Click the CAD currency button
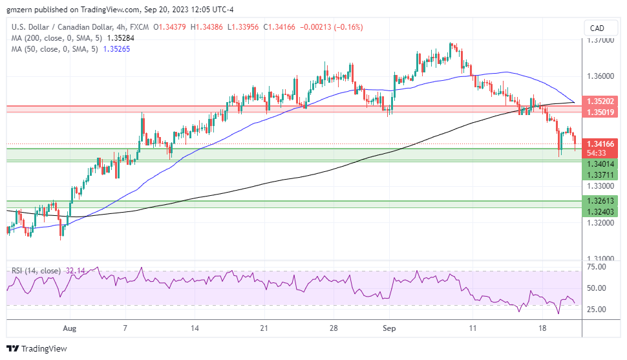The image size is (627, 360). pos(597,28)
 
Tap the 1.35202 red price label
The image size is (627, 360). pos(601,101)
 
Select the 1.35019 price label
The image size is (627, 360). pos(601,112)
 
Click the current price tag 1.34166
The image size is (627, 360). pos(601,143)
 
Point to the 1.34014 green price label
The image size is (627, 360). pos(601,165)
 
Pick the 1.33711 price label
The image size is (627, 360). pos(601,175)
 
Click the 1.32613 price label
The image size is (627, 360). pos(601,201)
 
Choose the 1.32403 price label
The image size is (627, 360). pos(601,212)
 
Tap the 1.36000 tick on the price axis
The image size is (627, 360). pos(600,76)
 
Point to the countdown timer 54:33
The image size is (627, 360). pos(597,153)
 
